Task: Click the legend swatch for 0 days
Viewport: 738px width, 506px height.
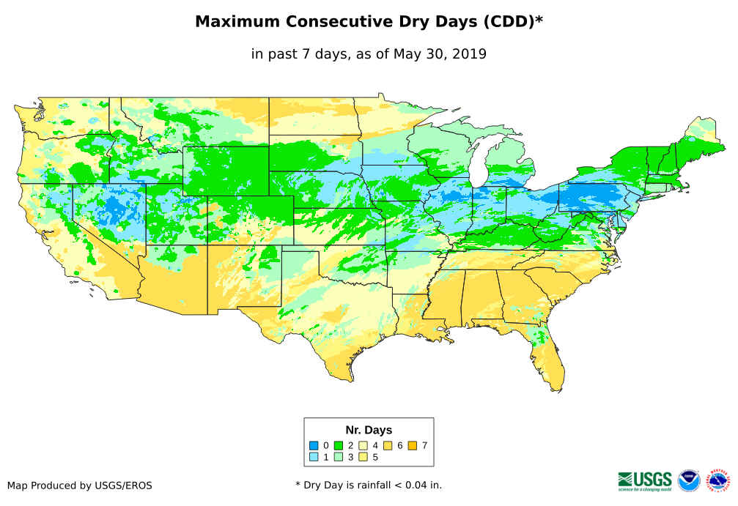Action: coord(314,445)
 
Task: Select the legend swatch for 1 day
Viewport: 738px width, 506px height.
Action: coord(314,458)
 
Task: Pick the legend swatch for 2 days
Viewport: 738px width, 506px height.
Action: coord(339,445)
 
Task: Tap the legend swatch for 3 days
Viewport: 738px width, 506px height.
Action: coord(339,458)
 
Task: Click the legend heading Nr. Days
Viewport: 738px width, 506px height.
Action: coord(369,430)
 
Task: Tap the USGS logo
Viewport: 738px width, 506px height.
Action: coord(645,480)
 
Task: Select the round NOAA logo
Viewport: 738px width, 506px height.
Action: coord(689,480)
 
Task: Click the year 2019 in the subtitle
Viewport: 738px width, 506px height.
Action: coord(469,53)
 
